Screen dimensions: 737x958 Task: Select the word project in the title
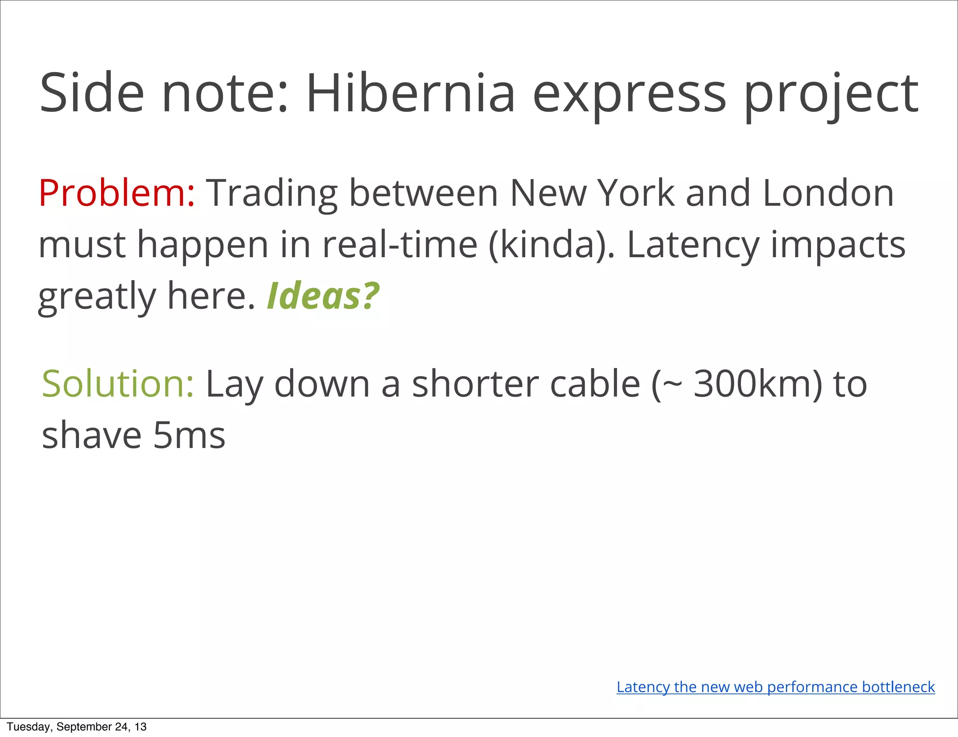(831, 96)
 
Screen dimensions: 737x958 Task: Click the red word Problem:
(116, 193)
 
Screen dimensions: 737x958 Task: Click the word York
(637, 193)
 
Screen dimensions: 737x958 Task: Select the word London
(828, 193)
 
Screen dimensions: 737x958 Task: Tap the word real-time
(400, 245)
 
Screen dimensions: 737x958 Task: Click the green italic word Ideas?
(323, 296)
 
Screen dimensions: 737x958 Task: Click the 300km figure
(757, 383)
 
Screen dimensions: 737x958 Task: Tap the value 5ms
(189, 435)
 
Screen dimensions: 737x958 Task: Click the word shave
(92, 435)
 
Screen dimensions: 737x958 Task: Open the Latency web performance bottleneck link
(776, 687)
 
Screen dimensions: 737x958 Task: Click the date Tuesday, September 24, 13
(77, 727)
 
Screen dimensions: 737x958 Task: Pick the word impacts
(838, 246)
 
